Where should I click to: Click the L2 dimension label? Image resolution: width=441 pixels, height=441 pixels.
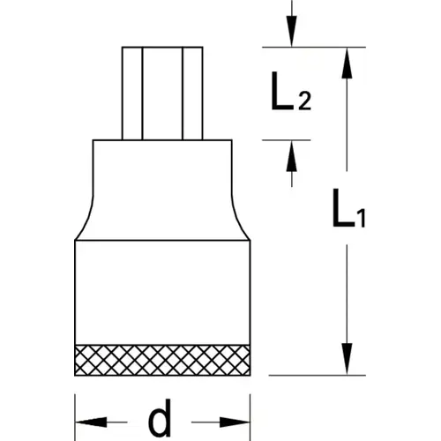290,91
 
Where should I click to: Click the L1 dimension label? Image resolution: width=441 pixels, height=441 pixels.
348,208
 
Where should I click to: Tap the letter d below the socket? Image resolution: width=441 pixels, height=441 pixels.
160,417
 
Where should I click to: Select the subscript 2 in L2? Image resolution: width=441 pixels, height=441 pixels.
304,101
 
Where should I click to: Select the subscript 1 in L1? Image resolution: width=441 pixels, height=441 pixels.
362,218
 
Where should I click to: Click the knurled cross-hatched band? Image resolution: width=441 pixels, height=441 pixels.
162,360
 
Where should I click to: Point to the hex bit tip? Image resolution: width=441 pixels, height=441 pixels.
162,93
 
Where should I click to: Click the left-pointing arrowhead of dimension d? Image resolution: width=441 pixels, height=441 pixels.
91,422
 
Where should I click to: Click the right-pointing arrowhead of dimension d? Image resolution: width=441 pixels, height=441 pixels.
235,422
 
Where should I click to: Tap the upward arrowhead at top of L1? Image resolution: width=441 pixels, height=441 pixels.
347,63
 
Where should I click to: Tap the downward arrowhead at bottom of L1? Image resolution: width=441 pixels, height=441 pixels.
347,359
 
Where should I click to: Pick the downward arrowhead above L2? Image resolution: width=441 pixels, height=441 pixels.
291,31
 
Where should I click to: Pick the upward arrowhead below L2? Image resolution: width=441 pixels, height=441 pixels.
291,156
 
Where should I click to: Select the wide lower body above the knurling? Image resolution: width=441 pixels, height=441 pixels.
162,293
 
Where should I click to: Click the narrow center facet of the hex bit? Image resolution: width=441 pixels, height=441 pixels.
162,93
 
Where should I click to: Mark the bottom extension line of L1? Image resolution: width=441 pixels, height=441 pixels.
318,375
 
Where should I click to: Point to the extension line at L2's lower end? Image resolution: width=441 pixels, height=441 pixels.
287,140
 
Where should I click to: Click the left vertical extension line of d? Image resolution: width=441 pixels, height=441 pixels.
75,417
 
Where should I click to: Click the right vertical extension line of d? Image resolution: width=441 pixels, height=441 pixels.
250,417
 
